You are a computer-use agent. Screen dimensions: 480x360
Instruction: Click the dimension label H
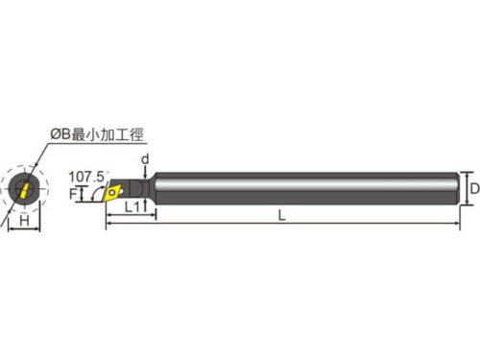point(24,221)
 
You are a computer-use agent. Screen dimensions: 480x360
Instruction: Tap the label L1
point(132,207)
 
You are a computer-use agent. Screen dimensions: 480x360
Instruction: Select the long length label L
point(282,215)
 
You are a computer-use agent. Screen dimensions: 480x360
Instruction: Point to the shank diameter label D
point(475,188)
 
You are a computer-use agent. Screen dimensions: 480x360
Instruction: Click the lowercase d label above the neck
point(145,158)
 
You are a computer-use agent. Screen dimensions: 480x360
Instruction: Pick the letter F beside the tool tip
point(73,194)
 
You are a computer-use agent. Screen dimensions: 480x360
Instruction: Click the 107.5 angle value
point(86,177)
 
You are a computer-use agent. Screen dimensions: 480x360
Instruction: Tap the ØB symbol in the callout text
point(60,134)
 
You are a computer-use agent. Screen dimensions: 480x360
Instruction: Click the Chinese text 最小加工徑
point(108,134)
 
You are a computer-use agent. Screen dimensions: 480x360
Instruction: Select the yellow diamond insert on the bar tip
point(112,192)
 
